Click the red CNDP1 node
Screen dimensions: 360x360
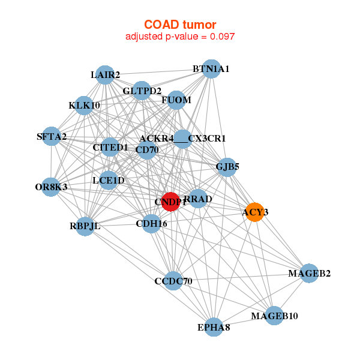(171, 202)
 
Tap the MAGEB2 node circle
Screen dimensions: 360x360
(308, 274)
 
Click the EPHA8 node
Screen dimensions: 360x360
(214, 328)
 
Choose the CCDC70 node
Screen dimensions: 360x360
(173, 280)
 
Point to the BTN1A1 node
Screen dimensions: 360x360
(211, 69)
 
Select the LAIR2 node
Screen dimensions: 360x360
(106, 75)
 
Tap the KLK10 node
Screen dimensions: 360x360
(84, 106)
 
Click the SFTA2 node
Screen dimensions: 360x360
(52, 137)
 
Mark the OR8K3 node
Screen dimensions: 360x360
(51, 187)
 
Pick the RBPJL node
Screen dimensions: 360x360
(85, 227)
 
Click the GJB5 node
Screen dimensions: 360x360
(227, 167)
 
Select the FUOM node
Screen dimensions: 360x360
(176, 100)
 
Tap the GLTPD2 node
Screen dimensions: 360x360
(142, 91)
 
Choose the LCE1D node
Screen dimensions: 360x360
(109, 180)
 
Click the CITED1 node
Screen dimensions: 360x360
(110, 147)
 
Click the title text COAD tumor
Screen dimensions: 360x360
(180, 24)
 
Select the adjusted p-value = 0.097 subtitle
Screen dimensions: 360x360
(180, 37)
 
